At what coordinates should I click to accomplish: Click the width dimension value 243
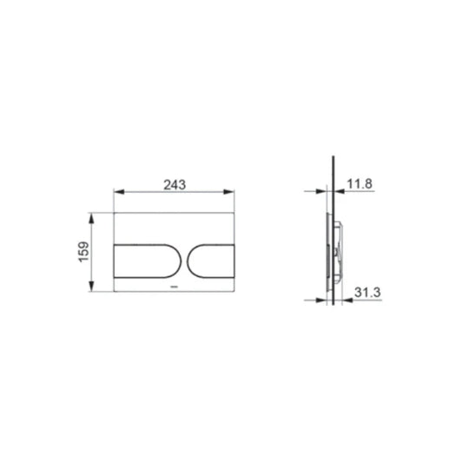click(x=174, y=184)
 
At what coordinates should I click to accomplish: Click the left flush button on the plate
click(x=142, y=261)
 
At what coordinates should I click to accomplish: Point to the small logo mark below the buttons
click(x=174, y=284)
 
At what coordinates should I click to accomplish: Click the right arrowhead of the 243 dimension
click(x=230, y=194)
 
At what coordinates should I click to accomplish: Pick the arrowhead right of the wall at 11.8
click(x=340, y=194)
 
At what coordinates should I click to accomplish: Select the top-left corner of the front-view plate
click(x=114, y=211)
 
